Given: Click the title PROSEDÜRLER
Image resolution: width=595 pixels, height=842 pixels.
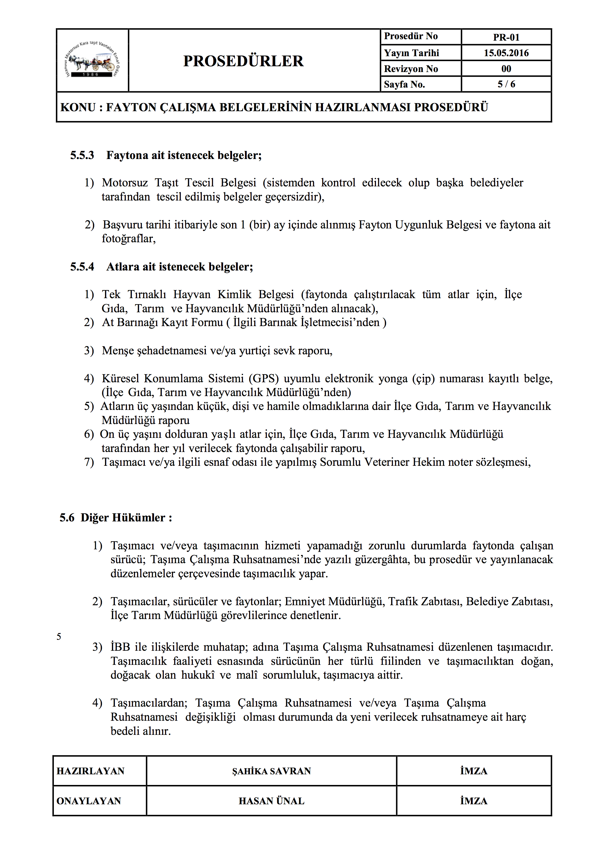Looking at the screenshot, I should click(x=243, y=61).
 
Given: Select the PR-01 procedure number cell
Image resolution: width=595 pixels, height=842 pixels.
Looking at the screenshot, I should click(x=506, y=37).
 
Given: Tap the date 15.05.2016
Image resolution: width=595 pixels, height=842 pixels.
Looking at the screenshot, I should click(x=506, y=53).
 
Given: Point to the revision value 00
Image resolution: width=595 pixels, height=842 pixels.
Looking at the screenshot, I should click(x=506, y=69).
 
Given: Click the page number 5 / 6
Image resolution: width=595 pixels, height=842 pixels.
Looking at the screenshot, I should click(x=506, y=84).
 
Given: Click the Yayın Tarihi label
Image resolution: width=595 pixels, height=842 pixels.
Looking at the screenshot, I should click(x=411, y=53).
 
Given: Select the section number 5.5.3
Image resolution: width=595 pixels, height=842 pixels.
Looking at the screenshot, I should click(x=82, y=155).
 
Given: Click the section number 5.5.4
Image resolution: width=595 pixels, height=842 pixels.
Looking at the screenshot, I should click(x=82, y=267).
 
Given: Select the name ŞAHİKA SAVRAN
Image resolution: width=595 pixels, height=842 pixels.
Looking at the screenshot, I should click(x=271, y=771).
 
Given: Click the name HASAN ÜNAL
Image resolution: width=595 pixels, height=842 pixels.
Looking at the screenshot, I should click(x=271, y=801).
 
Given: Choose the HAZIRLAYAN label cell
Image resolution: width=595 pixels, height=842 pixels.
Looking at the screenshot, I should click(x=90, y=771).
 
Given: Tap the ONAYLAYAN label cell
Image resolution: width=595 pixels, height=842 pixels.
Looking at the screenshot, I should click(x=89, y=801).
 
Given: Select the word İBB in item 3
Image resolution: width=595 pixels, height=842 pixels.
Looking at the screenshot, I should click(x=120, y=647).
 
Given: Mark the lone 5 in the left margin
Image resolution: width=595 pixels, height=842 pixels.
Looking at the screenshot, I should click(x=59, y=637).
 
